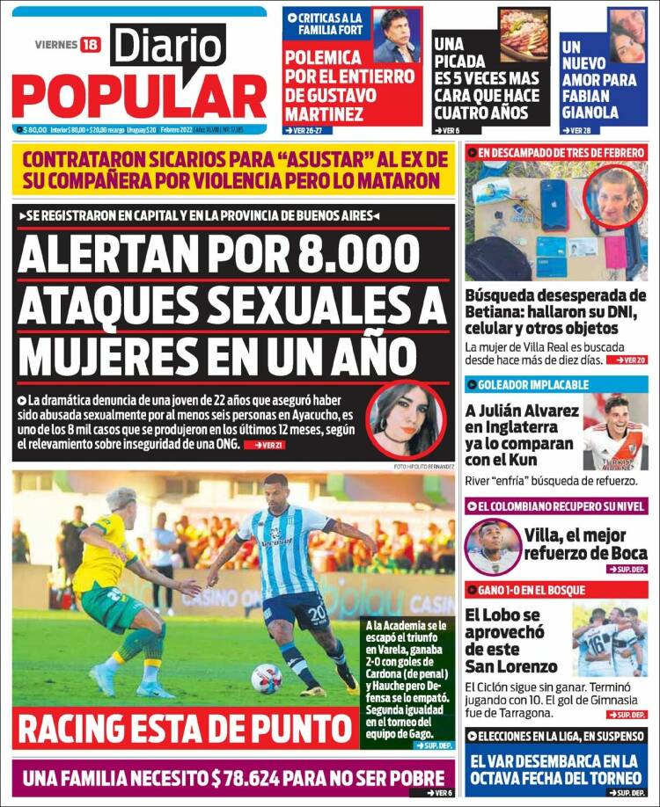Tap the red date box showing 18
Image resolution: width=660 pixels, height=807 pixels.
(91, 44)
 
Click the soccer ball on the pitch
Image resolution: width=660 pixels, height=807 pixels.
(266, 678)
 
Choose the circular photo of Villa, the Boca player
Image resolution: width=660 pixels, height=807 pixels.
(493, 546)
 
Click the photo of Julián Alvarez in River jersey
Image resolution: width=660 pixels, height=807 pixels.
(615, 433)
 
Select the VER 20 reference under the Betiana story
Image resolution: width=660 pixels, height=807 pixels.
(631, 360)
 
